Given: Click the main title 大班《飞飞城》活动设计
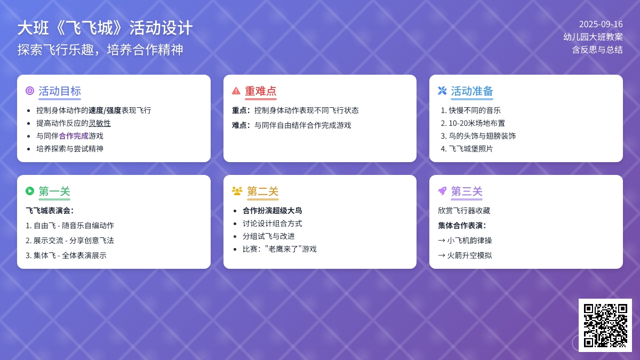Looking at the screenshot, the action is coord(105,28).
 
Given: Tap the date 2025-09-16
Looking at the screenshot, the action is coord(601,25).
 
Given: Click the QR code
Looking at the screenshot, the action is coord(605,325).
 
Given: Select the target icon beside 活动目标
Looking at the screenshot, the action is coord(30,91).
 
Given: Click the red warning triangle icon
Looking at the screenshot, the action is coord(236,91).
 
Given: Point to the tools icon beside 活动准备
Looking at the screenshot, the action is coord(442,91).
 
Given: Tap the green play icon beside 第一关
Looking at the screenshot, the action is coord(30,191).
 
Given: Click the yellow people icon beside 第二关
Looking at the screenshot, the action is coord(237,191).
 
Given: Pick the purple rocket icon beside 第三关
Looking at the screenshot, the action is coord(442,191).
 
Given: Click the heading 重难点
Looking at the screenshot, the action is coord(261,91).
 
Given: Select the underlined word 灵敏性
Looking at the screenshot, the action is coord(99,123).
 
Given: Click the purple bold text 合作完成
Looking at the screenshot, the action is coord(74,136).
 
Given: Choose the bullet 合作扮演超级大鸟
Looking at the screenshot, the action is coord(273,211).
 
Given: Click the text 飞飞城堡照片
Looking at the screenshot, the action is coord(471,149).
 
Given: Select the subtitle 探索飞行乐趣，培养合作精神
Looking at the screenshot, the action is coord(100,50).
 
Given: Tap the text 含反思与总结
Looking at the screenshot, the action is coord(597,50).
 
